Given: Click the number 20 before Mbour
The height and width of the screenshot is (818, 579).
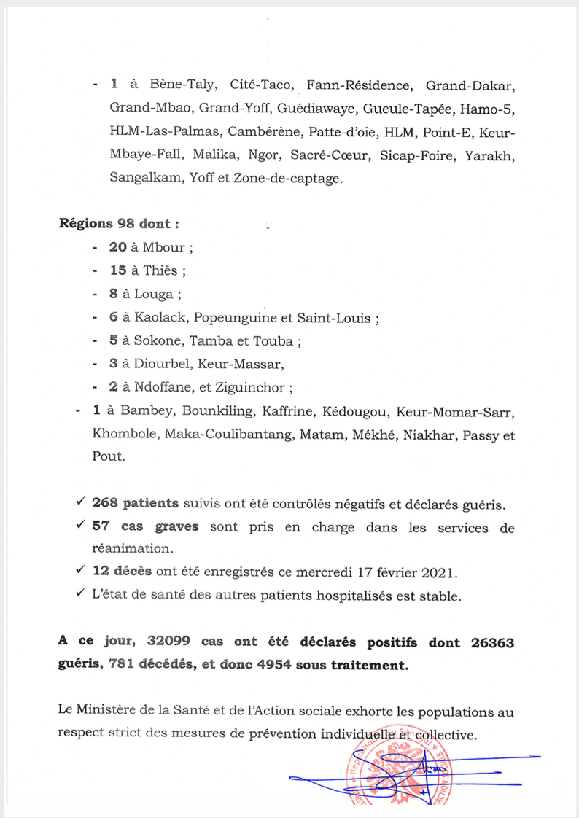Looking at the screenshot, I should [x=118, y=247].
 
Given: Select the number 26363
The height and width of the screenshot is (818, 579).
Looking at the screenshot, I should [x=491, y=642].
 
